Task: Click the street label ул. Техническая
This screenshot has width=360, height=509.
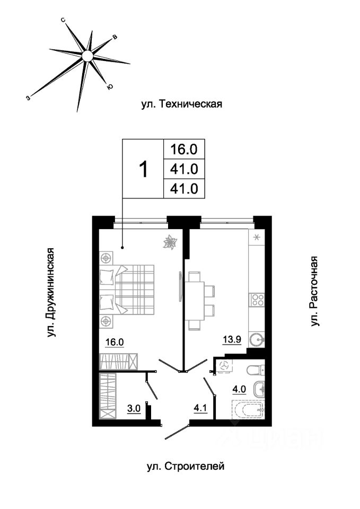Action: pyautogui.click(x=182, y=104)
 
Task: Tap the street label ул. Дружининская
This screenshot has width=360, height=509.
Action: pyautogui.click(x=51, y=293)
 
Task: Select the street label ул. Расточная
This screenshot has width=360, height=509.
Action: pyautogui.click(x=313, y=292)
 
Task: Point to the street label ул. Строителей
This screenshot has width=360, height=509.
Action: pyautogui.click(x=186, y=467)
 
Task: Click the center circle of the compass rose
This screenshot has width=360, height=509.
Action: pyautogui.click(x=87, y=56)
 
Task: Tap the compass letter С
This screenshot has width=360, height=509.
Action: pyautogui.click(x=64, y=21)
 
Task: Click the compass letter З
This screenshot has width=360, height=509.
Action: pyautogui.click(x=29, y=97)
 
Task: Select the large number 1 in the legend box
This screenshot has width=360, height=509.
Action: pyautogui.click(x=143, y=170)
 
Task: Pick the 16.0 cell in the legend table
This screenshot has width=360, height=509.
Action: pyautogui.click(x=184, y=150)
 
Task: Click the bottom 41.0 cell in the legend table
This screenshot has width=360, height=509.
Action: pyautogui.click(x=184, y=189)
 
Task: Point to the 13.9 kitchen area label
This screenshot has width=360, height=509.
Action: pyautogui.click(x=232, y=339)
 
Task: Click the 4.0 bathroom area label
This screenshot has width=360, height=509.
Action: pyautogui.click(x=239, y=389)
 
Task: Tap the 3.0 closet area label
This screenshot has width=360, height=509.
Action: pyautogui.click(x=134, y=408)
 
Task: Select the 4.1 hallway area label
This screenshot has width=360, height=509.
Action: pyautogui.click(x=200, y=408)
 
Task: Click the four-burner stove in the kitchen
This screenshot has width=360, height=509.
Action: pyautogui.click(x=257, y=299)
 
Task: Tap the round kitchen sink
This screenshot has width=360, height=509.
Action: pyautogui.click(x=257, y=340)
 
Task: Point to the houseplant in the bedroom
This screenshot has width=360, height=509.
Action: pyautogui.click(x=169, y=242)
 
